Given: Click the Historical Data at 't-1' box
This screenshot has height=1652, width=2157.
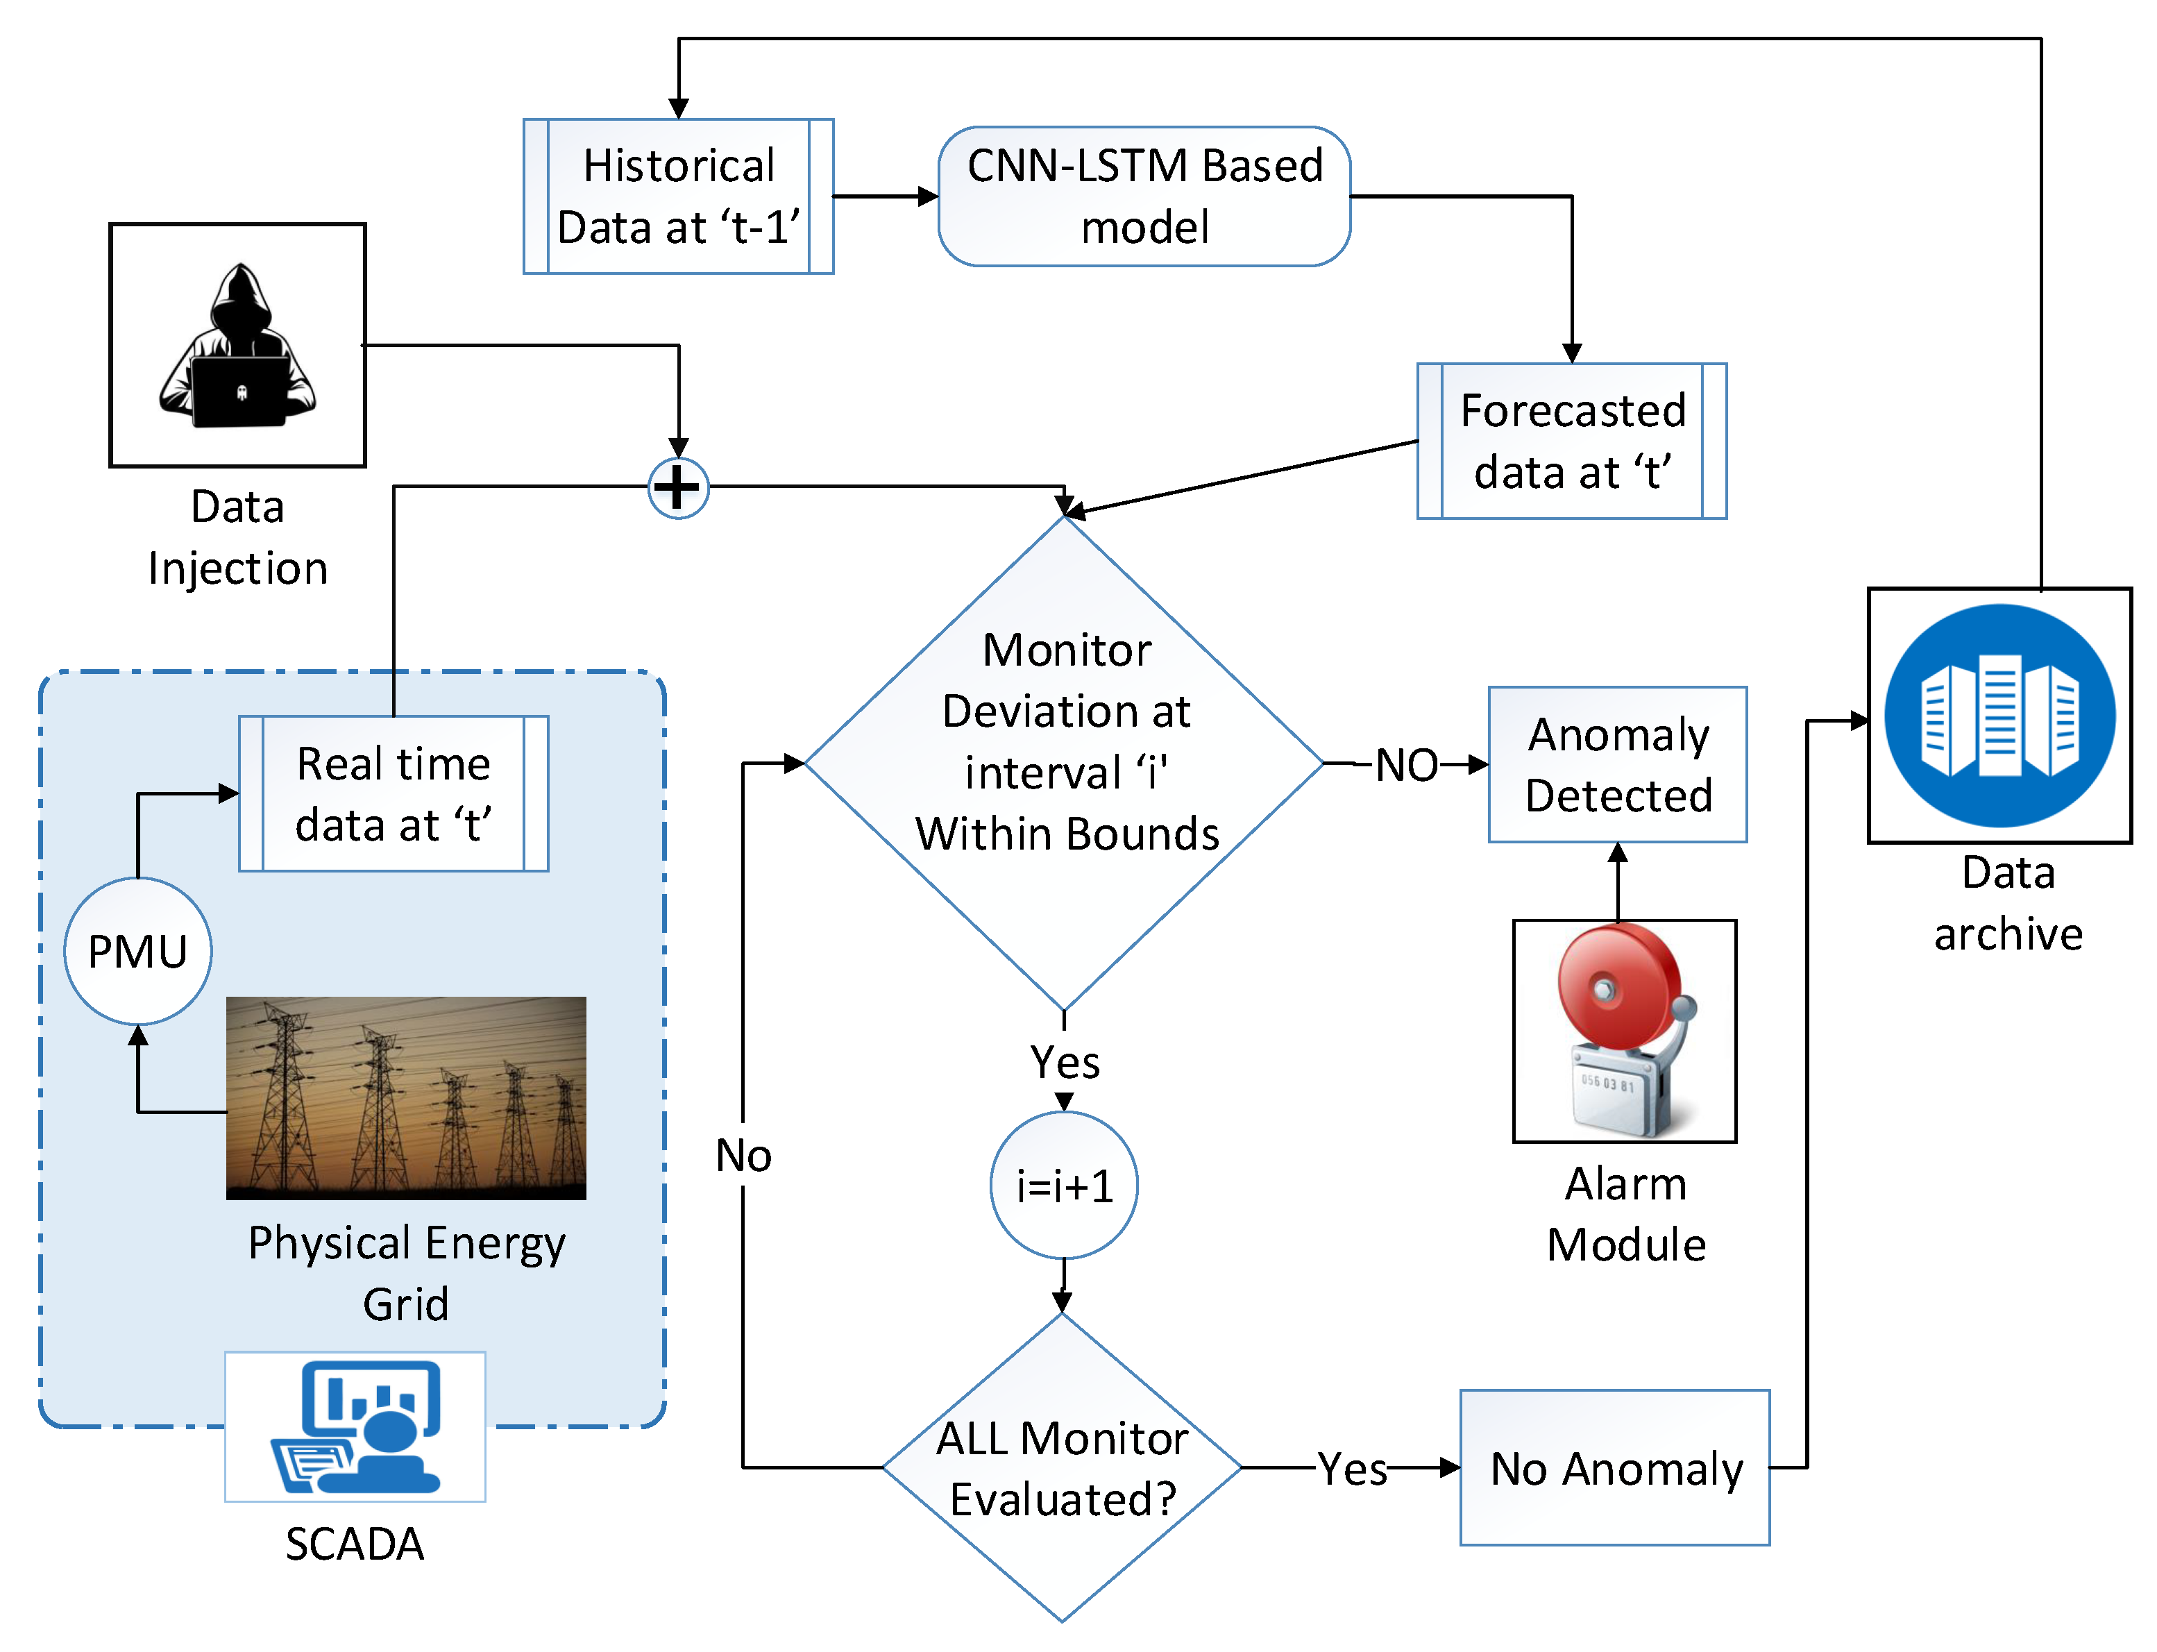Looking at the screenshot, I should click(677, 196).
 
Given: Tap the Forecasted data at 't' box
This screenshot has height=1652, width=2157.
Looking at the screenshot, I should click(1571, 441).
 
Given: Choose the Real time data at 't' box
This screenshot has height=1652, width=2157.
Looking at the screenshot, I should click(394, 793).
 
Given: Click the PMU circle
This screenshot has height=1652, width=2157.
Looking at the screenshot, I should click(137, 951).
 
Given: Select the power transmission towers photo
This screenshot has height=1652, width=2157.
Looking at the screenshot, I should click(405, 1097).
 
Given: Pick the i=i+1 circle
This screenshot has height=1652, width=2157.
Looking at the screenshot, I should click(1064, 1185).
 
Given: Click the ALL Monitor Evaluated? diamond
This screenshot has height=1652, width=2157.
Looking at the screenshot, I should click(1062, 1467).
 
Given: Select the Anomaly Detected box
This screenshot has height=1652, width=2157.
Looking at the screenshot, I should click(1617, 764).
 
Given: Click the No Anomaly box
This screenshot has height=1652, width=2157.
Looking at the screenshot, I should click(1614, 1467).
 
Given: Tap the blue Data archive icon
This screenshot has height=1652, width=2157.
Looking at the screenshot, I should click(1999, 715).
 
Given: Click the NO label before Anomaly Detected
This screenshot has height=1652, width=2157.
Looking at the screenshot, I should click(1406, 764).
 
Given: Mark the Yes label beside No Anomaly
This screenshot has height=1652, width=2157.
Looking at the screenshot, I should click(1352, 1468).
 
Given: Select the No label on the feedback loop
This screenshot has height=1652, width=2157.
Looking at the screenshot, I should click(743, 1154).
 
